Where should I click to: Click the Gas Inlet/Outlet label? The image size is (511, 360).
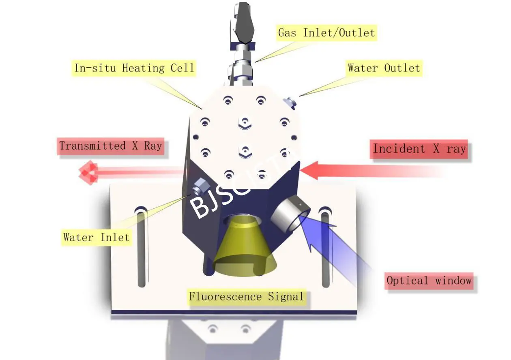pyautogui.click(x=326, y=32)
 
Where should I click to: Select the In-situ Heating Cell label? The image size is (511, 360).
pyautogui.click(x=134, y=68)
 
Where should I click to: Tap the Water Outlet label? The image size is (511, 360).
pyautogui.click(x=384, y=68)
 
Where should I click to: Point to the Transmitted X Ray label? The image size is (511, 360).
pyautogui.click(x=111, y=146)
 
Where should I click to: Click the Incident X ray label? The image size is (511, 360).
pyautogui.click(x=419, y=149)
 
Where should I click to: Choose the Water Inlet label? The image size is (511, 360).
pyautogui.click(x=97, y=237)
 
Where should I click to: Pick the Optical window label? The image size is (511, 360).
pyautogui.click(x=429, y=281)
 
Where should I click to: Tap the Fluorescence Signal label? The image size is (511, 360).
pyautogui.click(x=246, y=296)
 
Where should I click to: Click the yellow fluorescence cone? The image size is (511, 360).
pyautogui.click(x=243, y=243)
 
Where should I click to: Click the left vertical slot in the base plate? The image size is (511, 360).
pyautogui.click(x=141, y=247)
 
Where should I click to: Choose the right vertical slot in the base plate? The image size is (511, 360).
pyautogui.click(x=325, y=247)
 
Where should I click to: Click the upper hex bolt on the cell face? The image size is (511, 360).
pyautogui.click(x=245, y=122)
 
